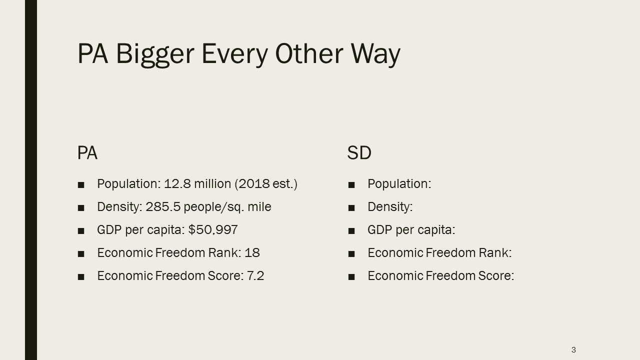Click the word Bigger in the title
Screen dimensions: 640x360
pos(155,55)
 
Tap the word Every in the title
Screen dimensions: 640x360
pos(235,55)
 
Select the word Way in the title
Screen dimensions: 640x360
pos(375,55)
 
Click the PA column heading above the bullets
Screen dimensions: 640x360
pos(87,152)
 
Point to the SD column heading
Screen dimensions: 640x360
pos(359,152)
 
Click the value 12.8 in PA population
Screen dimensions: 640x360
pos(177,183)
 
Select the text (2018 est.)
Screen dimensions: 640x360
pos(266,183)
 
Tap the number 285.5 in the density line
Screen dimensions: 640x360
pos(163,207)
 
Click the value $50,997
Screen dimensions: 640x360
pos(213,229)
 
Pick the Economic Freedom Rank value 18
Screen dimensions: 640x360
pos(252,253)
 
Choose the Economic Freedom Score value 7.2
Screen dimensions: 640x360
pos(255,275)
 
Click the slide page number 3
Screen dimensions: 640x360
pos(573,349)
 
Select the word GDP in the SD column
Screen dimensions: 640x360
pos(379,229)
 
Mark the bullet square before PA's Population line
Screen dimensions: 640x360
pos(81,185)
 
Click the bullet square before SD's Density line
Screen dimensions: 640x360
pos(351,208)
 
